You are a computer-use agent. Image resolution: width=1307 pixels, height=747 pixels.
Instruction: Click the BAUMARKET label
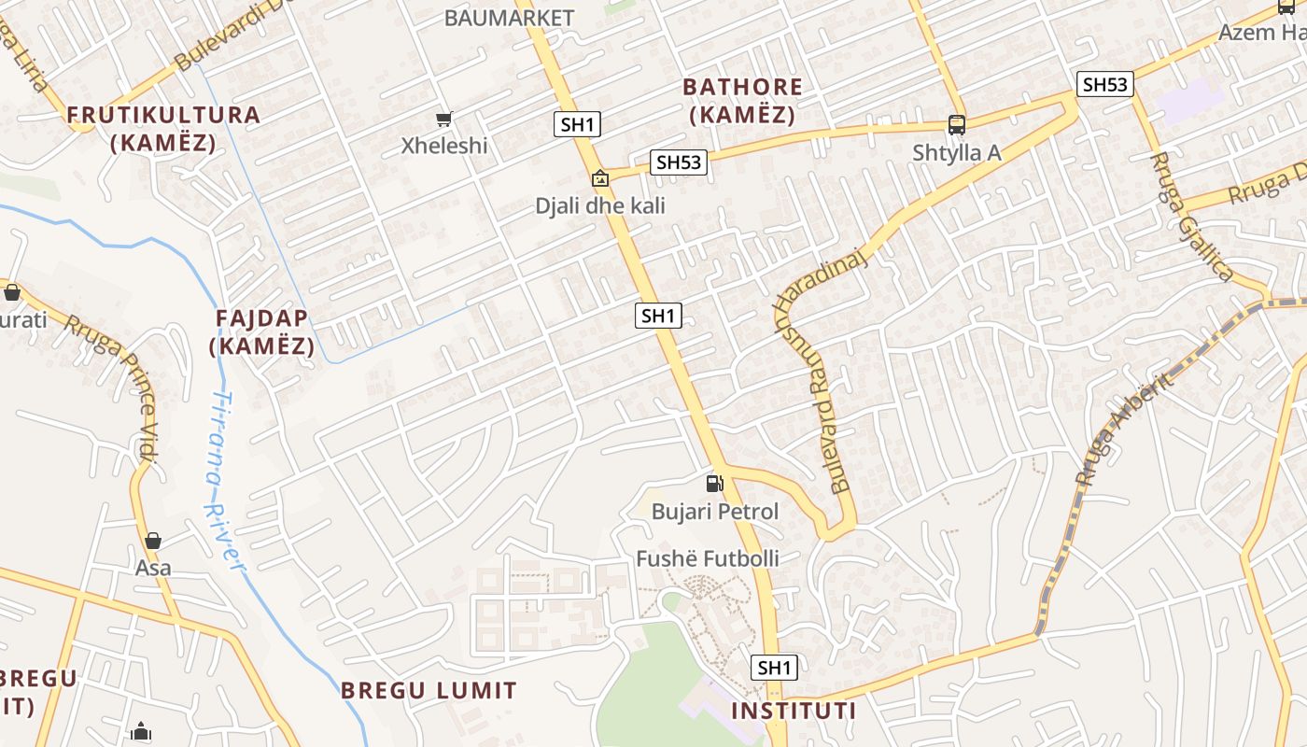tap(509, 18)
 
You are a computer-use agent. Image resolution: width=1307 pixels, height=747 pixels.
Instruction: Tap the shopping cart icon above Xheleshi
tap(444, 119)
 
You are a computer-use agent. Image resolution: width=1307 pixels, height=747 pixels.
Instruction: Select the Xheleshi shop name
tap(444, 146)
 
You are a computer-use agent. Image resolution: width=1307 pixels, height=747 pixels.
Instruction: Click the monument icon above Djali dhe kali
tap(599, 177)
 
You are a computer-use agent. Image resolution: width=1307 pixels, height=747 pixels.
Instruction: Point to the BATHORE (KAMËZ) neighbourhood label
tap(742, 101)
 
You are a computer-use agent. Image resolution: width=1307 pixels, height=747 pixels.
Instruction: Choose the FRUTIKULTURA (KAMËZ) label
tap(163, 129)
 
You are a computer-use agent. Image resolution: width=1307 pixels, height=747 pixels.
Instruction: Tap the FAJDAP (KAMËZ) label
tap(262, 331)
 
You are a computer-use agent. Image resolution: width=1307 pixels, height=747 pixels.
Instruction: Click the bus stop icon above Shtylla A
tap(956, 124)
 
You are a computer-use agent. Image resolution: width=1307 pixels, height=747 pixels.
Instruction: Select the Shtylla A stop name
tap(956, 152)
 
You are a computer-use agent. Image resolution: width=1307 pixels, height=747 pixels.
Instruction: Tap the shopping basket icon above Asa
tap(153, 541)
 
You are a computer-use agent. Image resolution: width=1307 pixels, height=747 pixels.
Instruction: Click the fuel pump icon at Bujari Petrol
tap(714, 483)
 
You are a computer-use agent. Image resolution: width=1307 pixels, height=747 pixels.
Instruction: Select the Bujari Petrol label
tap(714, 512)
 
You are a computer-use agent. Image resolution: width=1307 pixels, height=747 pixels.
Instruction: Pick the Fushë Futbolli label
tap(707, 559)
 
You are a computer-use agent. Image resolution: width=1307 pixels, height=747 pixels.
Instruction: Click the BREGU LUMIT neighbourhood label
tap(429, 691)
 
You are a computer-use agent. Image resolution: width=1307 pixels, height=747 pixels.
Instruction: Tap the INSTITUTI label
tap(793, 712)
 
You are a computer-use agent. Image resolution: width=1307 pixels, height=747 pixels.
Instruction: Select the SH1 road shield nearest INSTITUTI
tap(774, 668)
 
